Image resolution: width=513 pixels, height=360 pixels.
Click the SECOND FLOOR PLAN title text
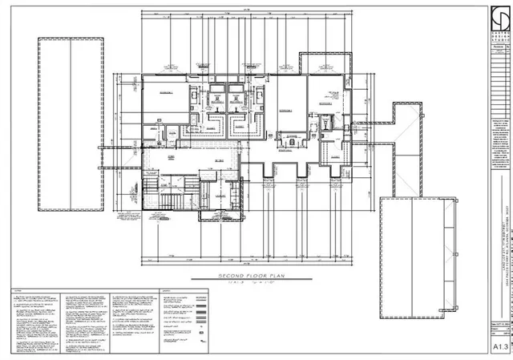tap(245, 276)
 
